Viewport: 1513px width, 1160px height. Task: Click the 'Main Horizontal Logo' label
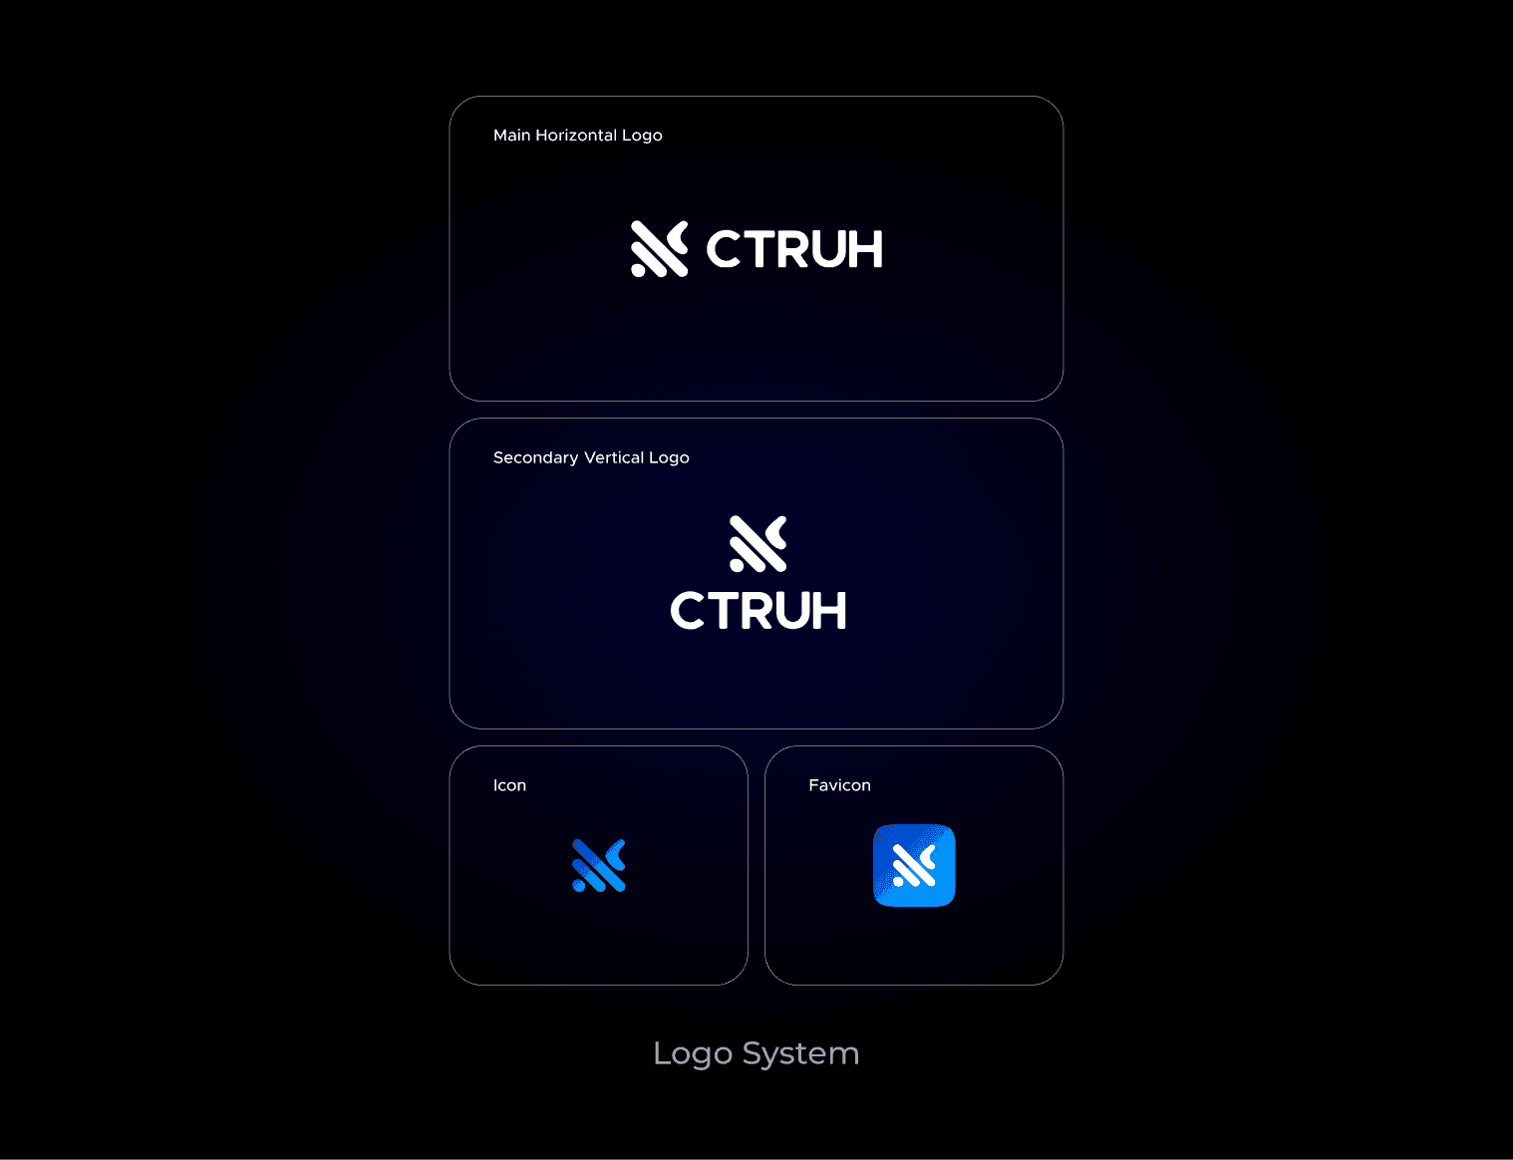point(577,136)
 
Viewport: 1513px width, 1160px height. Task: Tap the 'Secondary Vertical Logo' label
point(591,457)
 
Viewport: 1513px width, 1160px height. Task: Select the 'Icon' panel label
point(509,785)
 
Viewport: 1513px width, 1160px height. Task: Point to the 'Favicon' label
point(839,785)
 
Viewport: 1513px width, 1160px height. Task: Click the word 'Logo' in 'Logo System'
point(693,1053)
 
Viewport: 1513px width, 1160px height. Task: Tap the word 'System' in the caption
point(800,1053)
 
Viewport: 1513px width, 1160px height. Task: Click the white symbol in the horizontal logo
point(659,249)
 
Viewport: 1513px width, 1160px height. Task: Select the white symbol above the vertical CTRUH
point(757,544)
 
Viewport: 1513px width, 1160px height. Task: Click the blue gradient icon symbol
point(598,866)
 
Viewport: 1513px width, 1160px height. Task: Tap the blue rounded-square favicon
point(914,866)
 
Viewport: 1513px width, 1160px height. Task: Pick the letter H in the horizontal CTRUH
point(864,249)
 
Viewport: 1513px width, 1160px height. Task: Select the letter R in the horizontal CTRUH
point(795,249)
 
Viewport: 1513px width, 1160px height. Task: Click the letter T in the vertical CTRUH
point(723,611)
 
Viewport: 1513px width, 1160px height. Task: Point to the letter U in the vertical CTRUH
point(791,611)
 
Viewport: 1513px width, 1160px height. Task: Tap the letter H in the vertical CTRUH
point(828,611)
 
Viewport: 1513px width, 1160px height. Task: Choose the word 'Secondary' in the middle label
point(535,457)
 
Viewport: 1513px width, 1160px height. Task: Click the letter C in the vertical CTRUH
point(687,611)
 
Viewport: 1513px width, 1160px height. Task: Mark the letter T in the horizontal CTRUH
point(759,249)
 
